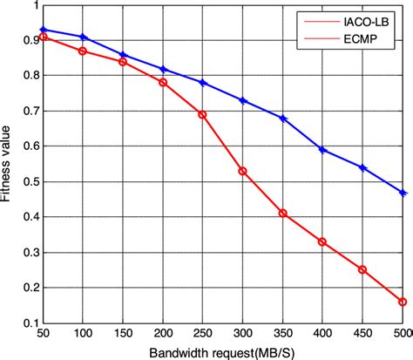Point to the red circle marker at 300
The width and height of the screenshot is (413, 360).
pos(242,171)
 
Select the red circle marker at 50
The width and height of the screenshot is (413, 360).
pos(44,37)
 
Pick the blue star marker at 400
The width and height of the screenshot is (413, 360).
pos(322,150)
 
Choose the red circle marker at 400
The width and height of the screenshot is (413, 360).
pos(322,241)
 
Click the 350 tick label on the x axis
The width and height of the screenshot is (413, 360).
pos(282,335)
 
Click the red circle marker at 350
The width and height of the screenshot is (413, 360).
pos(282,213)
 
